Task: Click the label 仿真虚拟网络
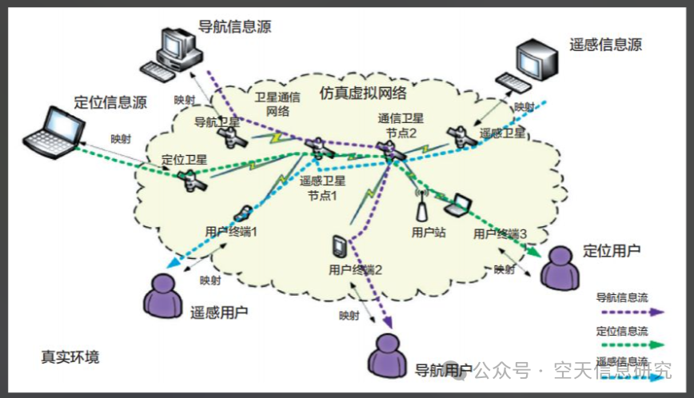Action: pos(363,93)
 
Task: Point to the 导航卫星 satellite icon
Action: pos(234,137)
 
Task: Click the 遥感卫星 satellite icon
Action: pos(463,137)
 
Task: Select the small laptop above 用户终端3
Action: pos(459,206)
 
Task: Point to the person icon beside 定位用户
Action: pos(559,267)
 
